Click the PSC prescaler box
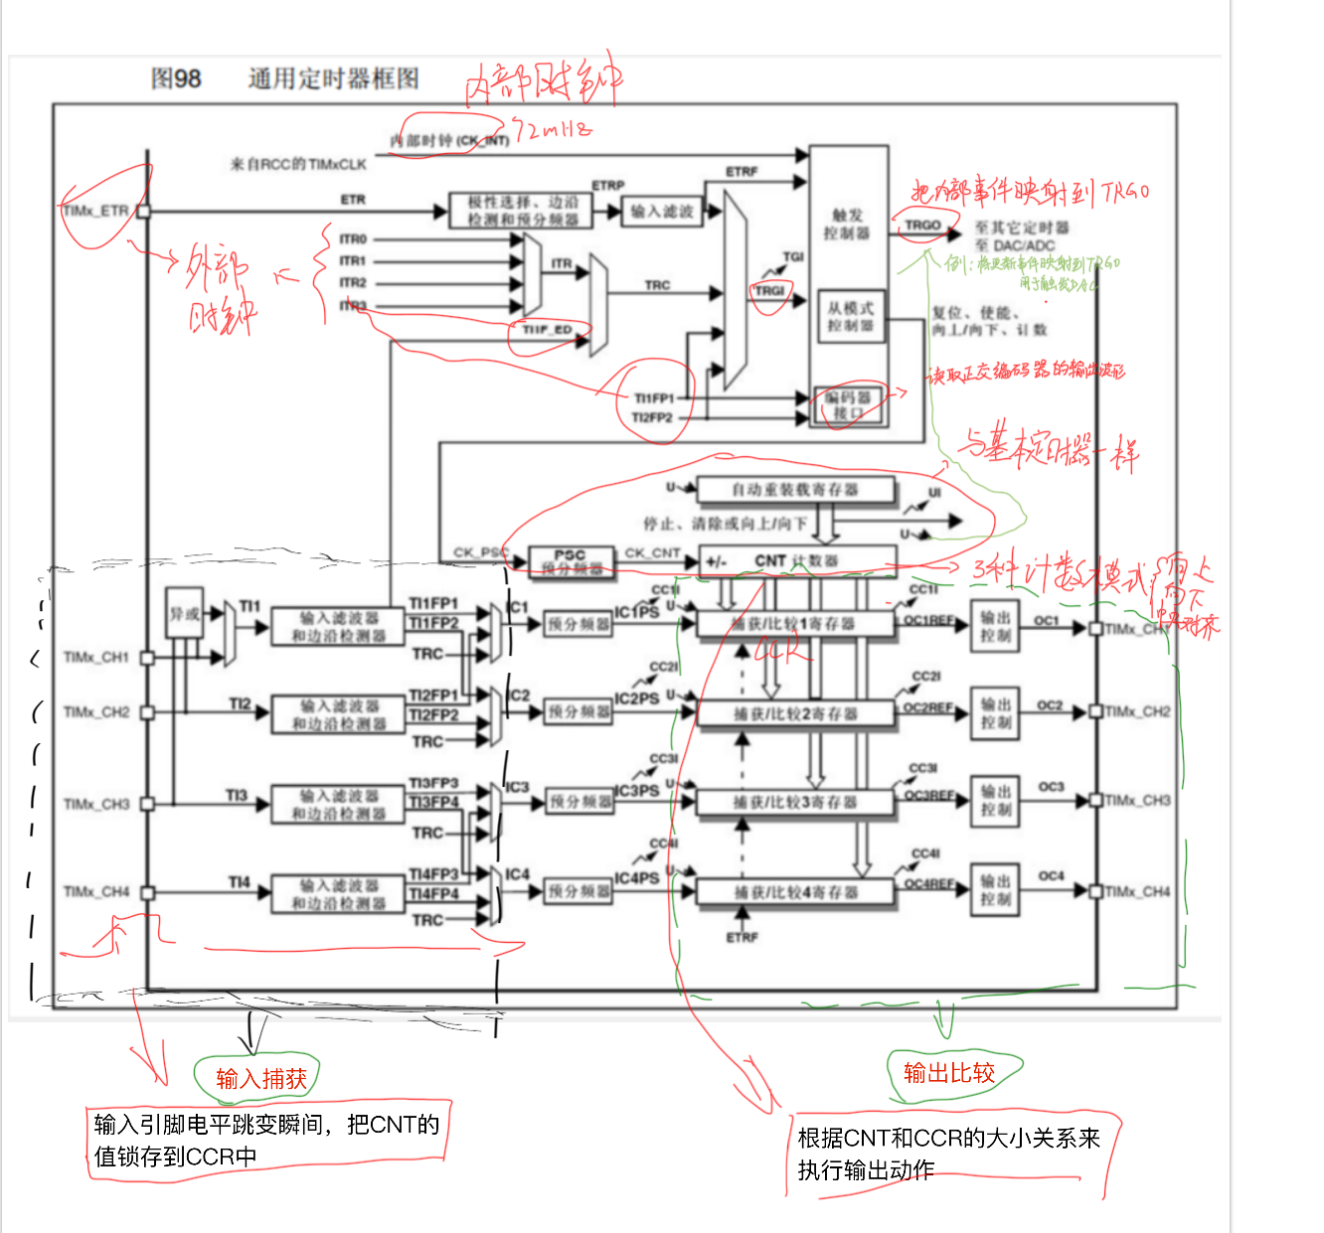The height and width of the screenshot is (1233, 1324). (570, 562)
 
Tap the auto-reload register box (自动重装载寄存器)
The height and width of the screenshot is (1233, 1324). (795, 490)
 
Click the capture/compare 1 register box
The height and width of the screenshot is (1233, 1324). (794, 624)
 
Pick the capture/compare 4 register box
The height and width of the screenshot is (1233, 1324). (794, 892)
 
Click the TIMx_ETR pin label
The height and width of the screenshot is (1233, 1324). (96, 211)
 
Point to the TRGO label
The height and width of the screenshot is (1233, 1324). (922, 226)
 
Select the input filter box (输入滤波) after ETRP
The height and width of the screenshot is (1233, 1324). (662, 211)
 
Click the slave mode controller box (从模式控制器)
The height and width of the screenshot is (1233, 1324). (850, 317)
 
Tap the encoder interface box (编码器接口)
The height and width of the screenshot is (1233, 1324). (848, 404)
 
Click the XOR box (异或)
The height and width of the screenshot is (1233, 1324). (184, 614)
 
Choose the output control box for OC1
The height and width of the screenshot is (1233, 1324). (995, 626)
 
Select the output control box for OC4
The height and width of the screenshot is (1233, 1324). (995, 890)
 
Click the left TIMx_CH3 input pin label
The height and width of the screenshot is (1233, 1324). (96, 804)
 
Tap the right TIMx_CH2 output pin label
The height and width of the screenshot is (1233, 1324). (1138, 711)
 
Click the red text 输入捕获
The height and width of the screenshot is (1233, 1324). (261, 1079)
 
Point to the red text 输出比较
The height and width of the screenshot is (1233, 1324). (949, 1073)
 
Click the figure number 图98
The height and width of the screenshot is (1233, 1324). (176, 78)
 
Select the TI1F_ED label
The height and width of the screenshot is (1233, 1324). (548, 330)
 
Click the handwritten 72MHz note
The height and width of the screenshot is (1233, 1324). (553, 129)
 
